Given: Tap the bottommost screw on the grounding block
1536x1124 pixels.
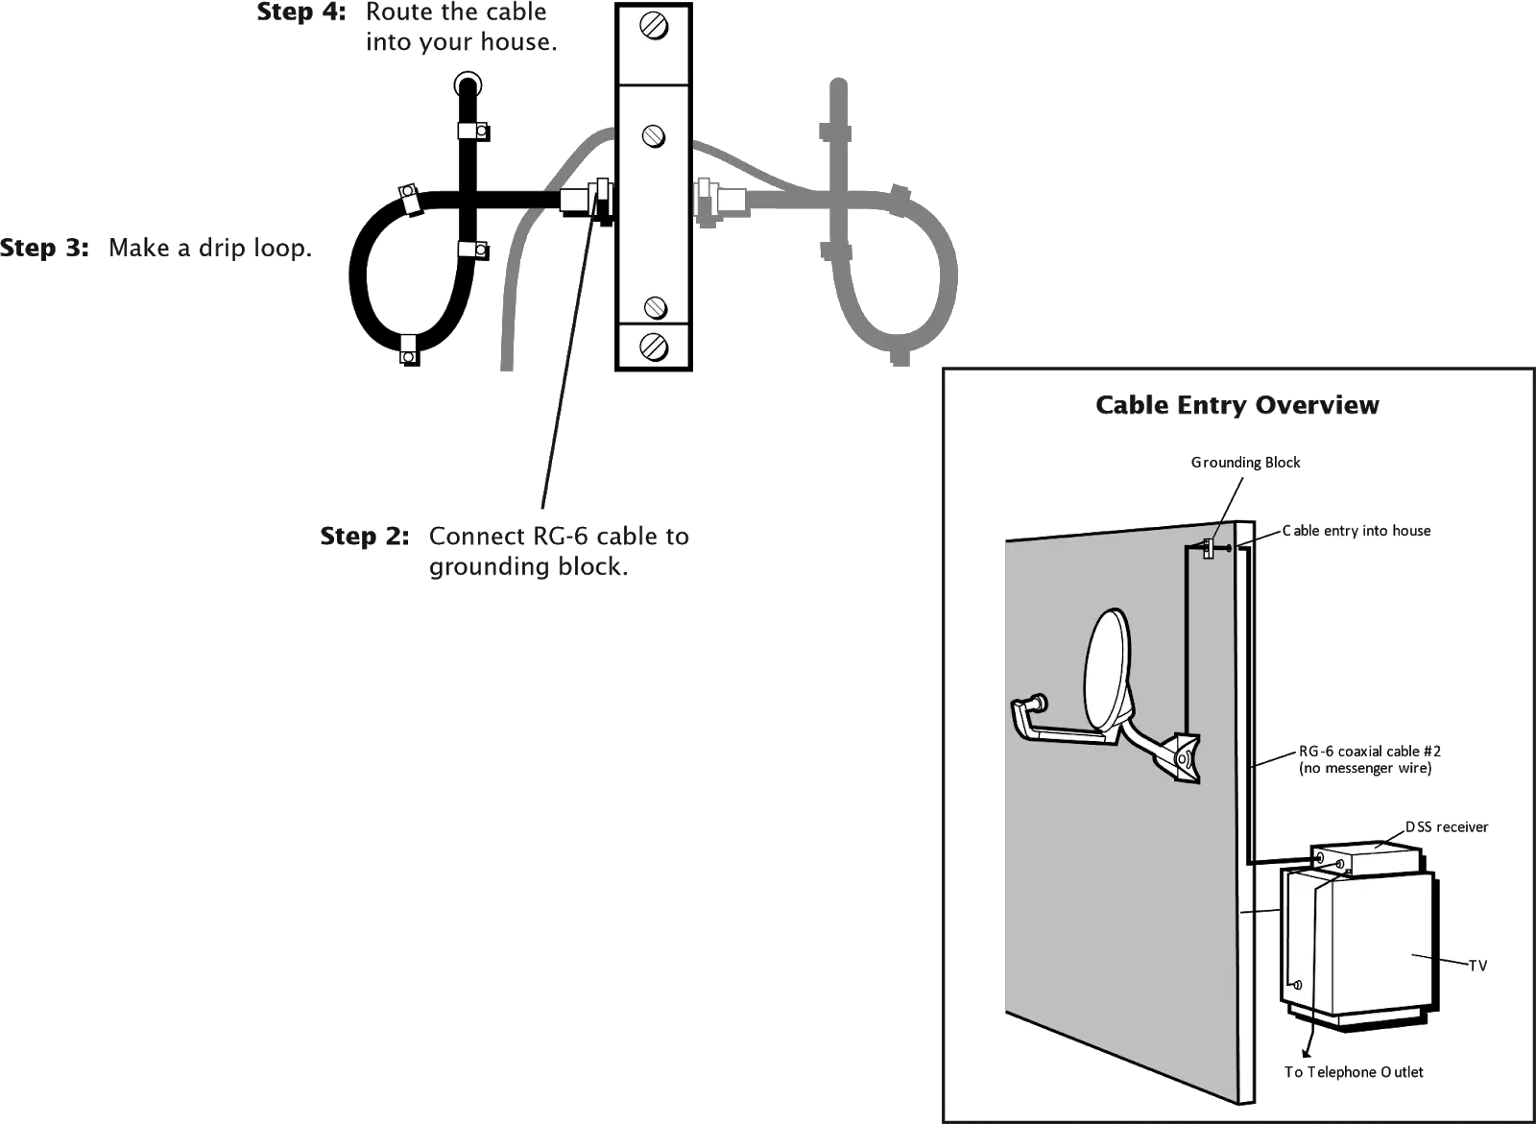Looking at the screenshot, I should coord(653,343).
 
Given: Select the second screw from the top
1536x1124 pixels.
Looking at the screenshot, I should coord(653,134).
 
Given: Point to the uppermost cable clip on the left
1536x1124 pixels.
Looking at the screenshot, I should coord(470,131).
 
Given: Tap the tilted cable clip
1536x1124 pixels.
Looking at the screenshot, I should coord(410,200).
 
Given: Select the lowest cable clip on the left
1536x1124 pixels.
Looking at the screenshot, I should coord(408,347).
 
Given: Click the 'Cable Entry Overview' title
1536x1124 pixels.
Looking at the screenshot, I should coord(1238,406).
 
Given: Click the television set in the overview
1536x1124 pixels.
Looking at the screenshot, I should coord(1356,945).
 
